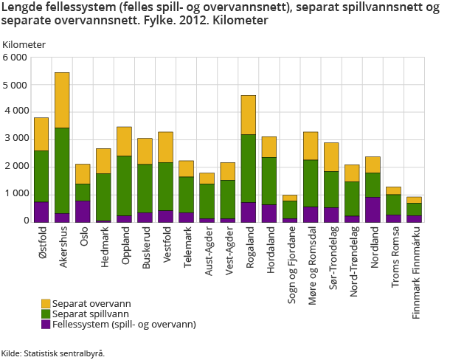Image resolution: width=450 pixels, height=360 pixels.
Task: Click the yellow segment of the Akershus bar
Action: pos(62,100)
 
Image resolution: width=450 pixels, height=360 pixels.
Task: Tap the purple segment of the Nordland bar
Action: pos(373,209)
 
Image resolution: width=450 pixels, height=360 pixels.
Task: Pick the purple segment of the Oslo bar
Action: pos(83,211)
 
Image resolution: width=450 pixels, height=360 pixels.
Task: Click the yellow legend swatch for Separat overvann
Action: pos(46,303)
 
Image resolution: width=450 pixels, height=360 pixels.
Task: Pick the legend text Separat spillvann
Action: pos(86,314)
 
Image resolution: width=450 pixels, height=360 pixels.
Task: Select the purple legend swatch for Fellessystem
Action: pos(46,324)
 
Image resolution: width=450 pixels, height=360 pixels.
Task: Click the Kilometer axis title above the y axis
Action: pos(24,44)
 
